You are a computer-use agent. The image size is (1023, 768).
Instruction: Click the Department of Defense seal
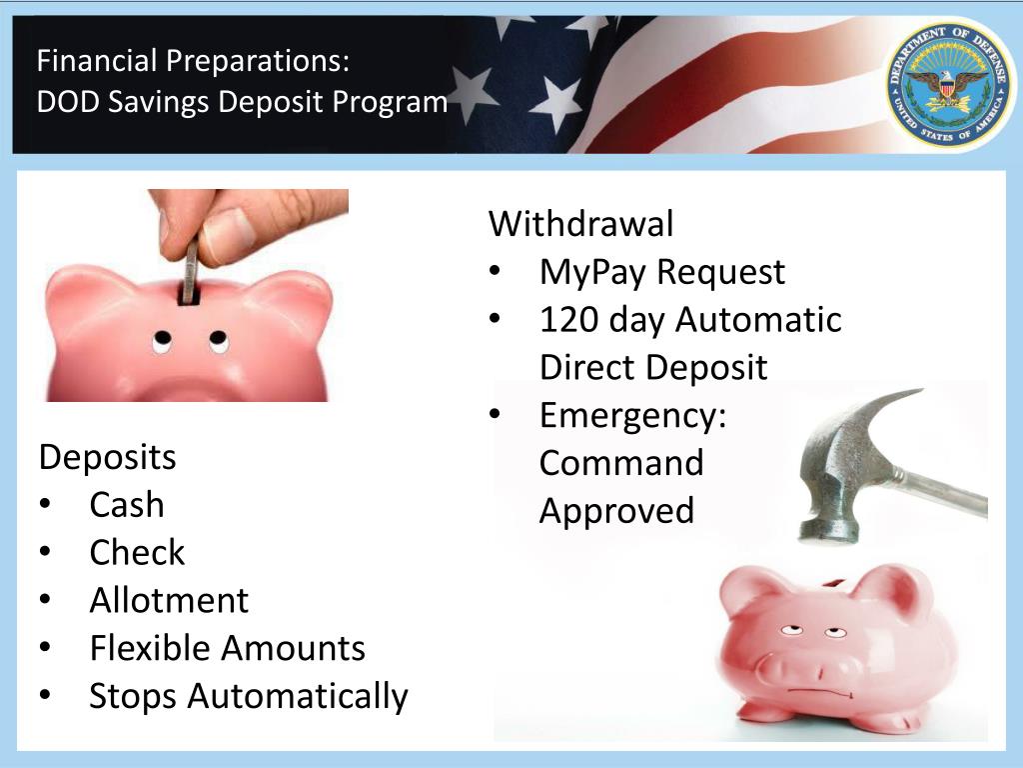[948, 86]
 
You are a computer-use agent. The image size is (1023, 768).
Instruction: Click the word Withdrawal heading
[580, 224]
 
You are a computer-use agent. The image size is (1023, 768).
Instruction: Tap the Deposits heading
[107, 458]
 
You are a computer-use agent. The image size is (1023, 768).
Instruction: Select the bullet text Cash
[126, 505]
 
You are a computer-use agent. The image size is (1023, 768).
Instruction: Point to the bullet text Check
[137, 553]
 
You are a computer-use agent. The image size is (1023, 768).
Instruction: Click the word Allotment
[169, 600]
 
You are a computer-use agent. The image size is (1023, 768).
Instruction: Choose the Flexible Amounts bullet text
[227, 648]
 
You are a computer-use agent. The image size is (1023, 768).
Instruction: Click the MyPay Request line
[661, 272]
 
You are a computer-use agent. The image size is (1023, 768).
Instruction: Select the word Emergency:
[632, 415]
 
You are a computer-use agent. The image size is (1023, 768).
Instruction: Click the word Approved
[616, 511]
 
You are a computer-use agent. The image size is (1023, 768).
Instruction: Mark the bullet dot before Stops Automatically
[46, 696]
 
